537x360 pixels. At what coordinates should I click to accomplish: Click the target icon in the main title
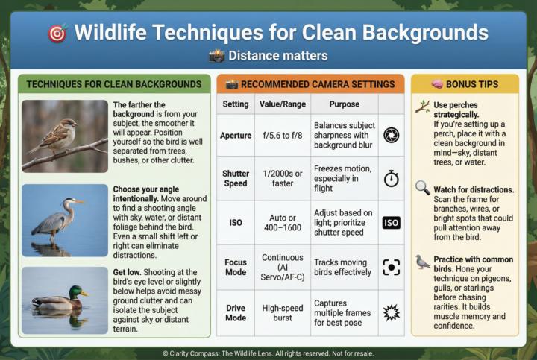(57, 33)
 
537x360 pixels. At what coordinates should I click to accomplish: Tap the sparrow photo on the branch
(64, 136)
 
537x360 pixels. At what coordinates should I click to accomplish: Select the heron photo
(64, 220)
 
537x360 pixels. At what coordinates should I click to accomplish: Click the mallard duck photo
(64, 300)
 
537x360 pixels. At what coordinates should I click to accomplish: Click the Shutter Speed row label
(235, 178)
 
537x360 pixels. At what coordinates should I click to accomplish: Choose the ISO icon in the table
(391, 222)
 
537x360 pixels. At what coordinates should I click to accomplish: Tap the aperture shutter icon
(391, 135)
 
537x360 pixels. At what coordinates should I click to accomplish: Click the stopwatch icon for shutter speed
(391, 179)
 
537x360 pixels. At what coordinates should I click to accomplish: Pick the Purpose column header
(344, 104)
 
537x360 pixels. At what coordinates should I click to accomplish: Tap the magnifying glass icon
(423, 189)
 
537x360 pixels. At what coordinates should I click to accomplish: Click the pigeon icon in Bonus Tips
(423, 262)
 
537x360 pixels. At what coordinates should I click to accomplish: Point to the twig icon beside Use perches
(423, 107)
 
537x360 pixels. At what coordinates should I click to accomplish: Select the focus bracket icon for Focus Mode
(391, 267)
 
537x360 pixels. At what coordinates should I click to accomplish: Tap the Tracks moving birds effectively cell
(344, 267)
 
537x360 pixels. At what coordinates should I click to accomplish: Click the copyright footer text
(268, 353)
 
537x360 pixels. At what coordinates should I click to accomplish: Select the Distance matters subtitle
(268, 56)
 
